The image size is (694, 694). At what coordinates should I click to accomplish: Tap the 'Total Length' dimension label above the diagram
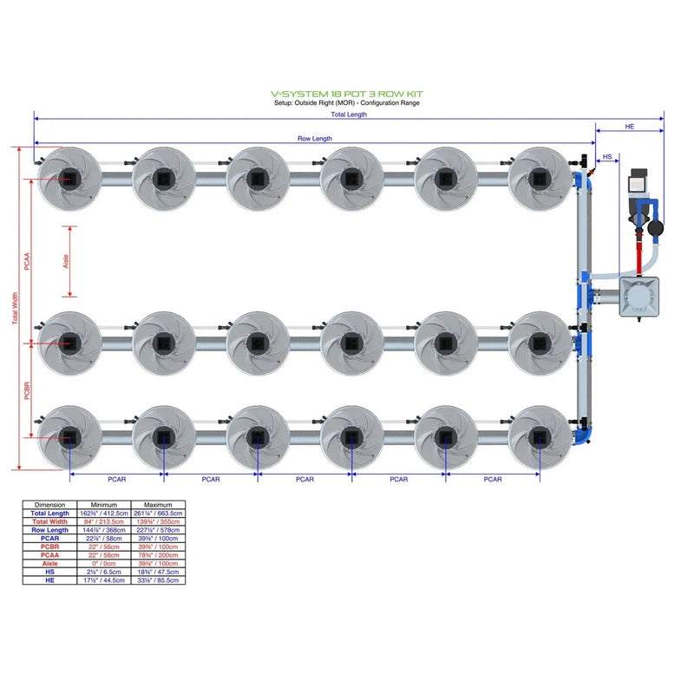coord(349,114)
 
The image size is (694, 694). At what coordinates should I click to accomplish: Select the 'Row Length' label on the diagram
coord(315,138)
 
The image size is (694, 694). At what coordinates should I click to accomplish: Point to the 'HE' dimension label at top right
coord(630,127)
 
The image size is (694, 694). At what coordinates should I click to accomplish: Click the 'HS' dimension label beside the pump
coord(607,157)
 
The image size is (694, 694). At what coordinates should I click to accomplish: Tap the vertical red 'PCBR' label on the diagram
coord(28,390)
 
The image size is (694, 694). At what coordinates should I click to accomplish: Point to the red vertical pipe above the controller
coord(643,255)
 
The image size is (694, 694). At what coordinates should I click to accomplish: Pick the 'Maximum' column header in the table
coord(157,504)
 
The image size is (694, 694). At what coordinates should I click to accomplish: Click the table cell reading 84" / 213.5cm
coord(104,521)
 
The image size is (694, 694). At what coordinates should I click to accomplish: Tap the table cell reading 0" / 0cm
coord(104,564)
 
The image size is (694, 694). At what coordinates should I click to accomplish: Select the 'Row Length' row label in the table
coord(50,530)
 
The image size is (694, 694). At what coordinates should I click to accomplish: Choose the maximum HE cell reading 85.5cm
coord(157,580)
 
